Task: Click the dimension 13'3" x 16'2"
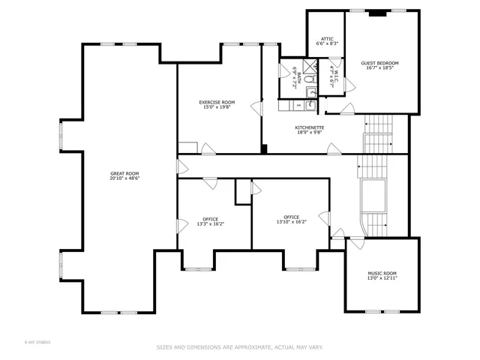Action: [210, 223]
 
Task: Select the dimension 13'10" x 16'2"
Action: [292, 222]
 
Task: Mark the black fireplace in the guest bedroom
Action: [379, 13]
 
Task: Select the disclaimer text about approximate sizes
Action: [239, 347]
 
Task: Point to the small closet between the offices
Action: [243, 191]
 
